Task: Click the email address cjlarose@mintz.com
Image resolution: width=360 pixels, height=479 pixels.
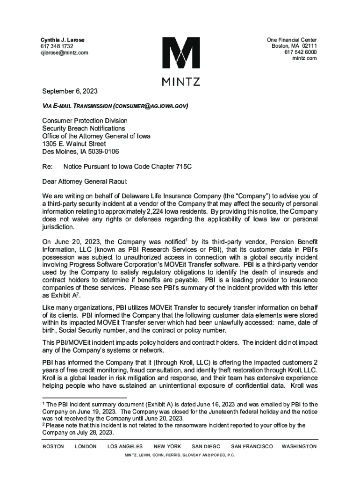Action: tap(64, 53)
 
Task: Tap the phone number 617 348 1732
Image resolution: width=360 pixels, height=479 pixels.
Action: tap(57, 46)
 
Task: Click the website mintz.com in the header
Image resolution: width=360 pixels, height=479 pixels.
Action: tap(304, 58)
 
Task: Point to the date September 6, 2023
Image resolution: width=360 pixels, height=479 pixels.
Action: tap(70, 91)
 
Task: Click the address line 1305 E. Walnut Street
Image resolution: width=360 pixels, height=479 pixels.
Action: tap(75, 144)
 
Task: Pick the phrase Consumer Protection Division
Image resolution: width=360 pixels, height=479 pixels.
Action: tap(85, 121)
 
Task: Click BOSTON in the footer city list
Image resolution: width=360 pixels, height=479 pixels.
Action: tap(53, 447)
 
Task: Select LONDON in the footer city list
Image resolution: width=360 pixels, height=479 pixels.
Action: tap(86, 447)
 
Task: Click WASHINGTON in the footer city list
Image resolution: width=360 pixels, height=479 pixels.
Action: tap(299, 447)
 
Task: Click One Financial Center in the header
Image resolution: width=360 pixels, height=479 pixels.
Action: tap(292, 40)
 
